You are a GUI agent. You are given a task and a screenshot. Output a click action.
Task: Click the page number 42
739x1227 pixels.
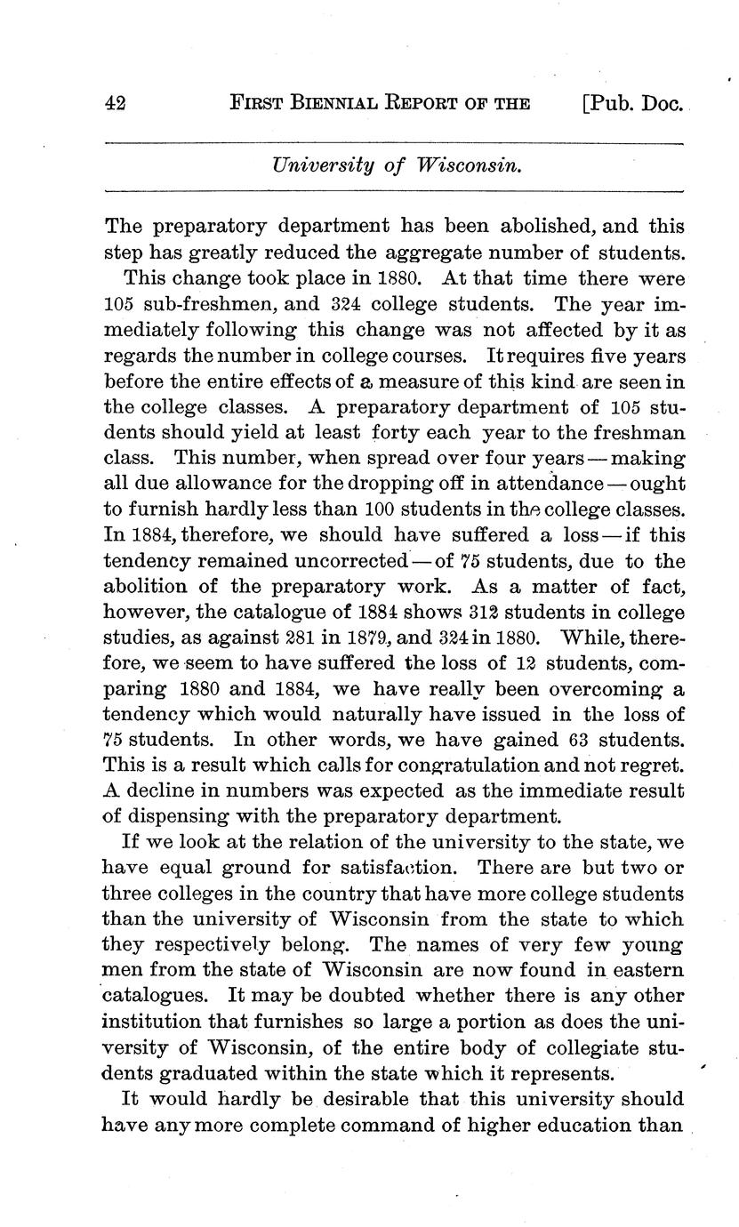click(116, 103)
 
